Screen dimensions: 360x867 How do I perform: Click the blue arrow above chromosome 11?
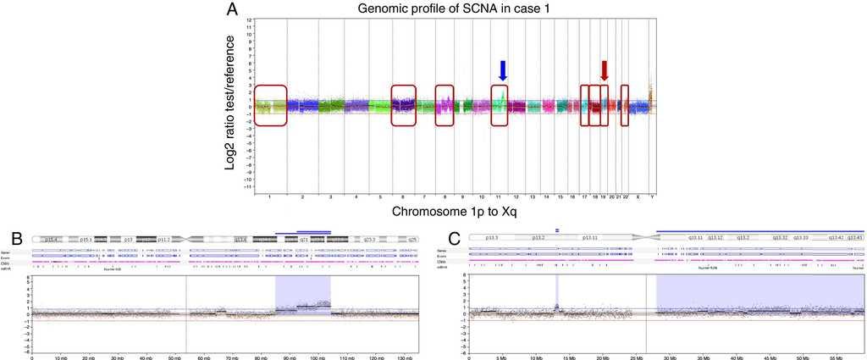[503, 71]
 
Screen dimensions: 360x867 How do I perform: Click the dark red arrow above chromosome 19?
[604, 70]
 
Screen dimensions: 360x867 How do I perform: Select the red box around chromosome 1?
[271, 106]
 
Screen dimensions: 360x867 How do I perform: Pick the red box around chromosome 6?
[404, 106]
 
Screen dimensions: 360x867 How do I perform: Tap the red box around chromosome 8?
[445, 106]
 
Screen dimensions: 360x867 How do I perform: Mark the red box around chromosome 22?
[625, 106]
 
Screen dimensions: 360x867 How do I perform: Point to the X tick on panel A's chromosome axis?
[636, 197]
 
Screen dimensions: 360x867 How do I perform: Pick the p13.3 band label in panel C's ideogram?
[489, 239]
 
